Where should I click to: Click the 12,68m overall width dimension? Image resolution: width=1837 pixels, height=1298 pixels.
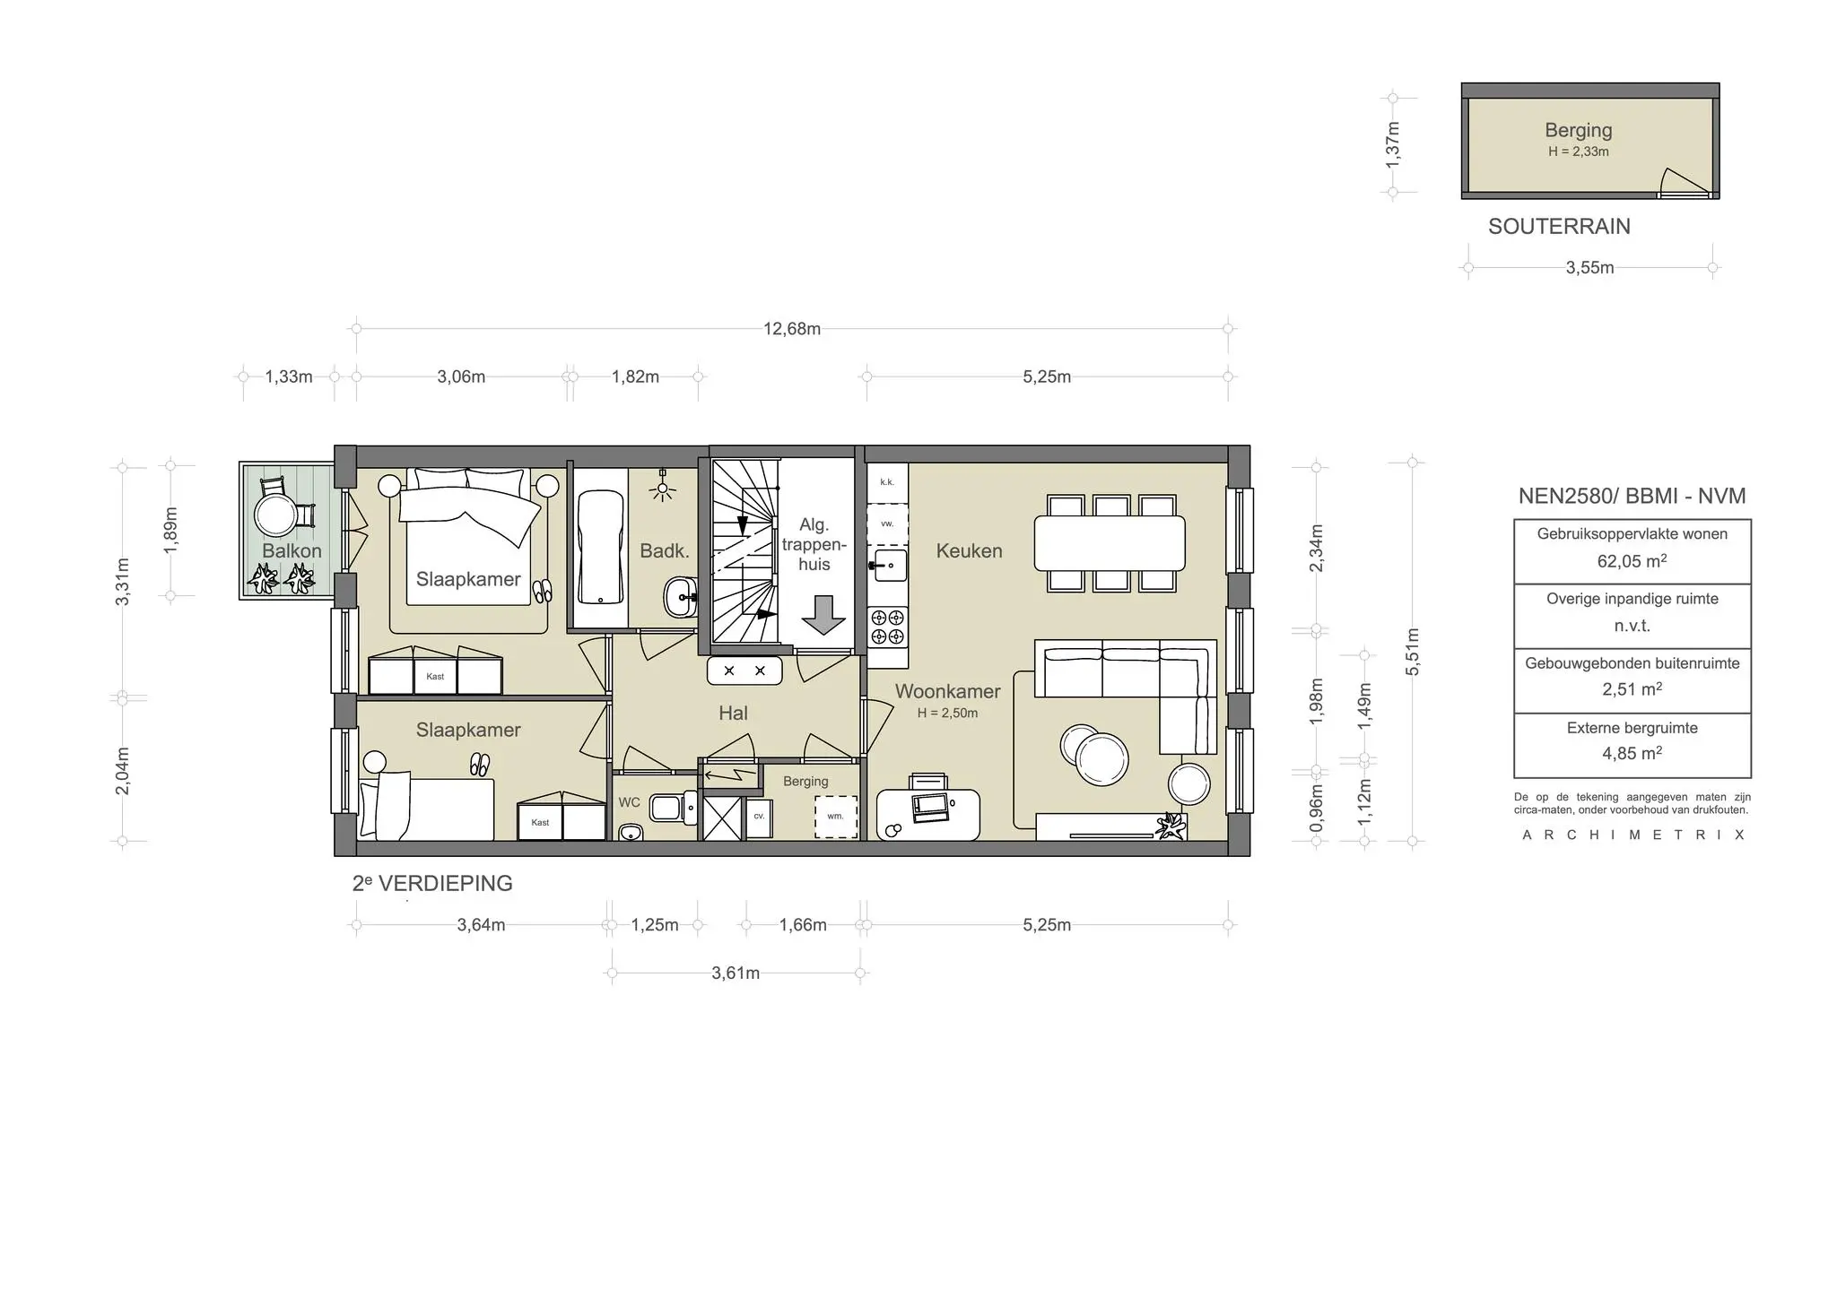click(791, 329)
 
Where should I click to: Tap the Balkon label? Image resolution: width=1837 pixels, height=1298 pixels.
click(292, 550)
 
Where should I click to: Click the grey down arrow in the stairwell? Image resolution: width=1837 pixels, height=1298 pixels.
click(823, 615)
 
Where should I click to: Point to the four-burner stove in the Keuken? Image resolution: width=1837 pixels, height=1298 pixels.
click(888, 627)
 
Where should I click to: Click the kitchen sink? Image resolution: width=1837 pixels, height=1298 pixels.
click(886, 566)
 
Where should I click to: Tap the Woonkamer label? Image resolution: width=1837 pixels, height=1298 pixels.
click(947, 691)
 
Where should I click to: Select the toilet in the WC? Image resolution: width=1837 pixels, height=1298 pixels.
click(669, 808)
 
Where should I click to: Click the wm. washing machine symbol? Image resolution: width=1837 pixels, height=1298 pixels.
click(835, 817)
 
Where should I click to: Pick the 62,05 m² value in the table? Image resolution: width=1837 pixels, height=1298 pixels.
click(1632, 562)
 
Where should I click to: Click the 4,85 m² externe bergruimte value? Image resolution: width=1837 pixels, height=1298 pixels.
click(1632, 754)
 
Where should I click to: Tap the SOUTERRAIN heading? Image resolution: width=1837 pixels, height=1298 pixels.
click(1559, 227)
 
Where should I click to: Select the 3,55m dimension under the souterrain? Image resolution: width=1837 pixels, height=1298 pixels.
click(1589, 268)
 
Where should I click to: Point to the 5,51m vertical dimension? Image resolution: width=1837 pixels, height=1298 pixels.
click(1413, 652)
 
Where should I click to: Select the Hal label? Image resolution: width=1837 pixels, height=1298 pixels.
click(733, 714)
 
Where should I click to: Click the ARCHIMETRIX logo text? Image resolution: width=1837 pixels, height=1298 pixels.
click(1632, 835)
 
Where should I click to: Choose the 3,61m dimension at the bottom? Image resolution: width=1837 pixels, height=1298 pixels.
click(736, 973)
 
